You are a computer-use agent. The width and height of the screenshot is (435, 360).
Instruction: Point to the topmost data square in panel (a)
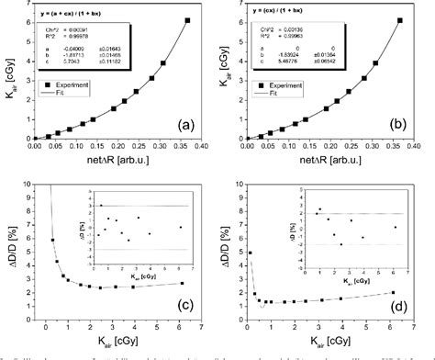187,20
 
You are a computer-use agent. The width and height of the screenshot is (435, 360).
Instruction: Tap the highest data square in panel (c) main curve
52,241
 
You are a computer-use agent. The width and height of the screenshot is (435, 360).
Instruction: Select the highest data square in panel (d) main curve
251,253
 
